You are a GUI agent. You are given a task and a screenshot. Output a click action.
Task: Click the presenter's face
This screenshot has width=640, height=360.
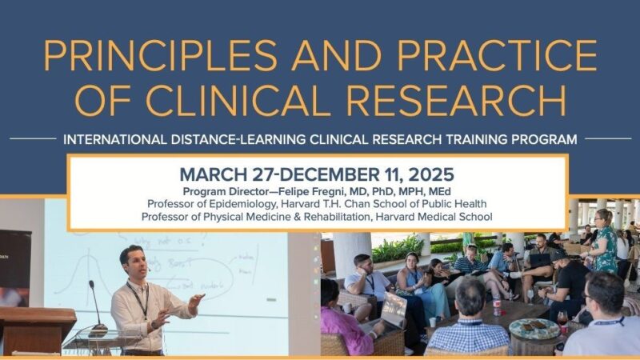(x=131, y=263)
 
